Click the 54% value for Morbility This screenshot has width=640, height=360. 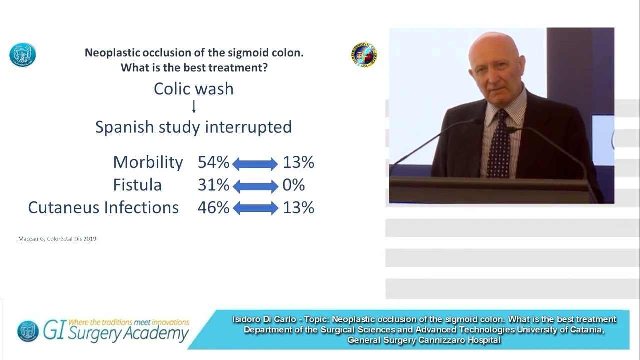[x=213, y=162]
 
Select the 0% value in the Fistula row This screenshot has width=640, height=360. [x=293, y=185]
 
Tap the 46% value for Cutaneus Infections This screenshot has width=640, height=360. [x=213, y=208]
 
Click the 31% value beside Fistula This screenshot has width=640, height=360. [x=213, y=185]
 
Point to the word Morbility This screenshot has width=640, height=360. [x=148, y=162]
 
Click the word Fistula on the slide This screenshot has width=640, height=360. [x=137, y=185]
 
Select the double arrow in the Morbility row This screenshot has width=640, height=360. [x=255, y=163]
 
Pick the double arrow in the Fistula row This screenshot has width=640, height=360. [x=255, y=186]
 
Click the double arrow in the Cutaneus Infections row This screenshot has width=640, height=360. [x=255, y=208]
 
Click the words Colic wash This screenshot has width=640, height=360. [x=194, y=89]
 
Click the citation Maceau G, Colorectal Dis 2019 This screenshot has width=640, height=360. [x=57, y=239]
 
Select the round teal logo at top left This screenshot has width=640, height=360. [x=23, y=54]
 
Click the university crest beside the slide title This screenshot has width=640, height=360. [x=364, y=55]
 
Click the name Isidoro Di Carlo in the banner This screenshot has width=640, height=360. [x=264, y=319]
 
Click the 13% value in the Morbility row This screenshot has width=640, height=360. [x=298, y=162]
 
